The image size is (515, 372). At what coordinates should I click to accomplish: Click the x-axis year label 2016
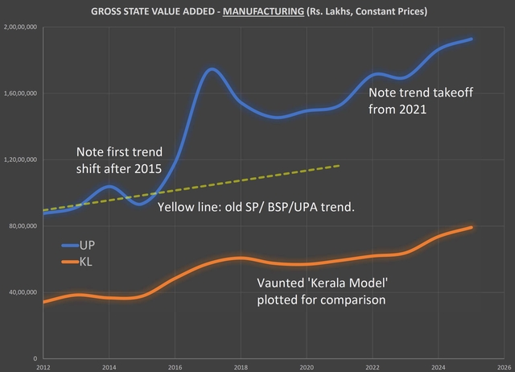click(175, 366)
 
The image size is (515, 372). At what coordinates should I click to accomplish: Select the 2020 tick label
click(307, 366)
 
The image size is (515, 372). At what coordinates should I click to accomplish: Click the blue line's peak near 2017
click(211, 69)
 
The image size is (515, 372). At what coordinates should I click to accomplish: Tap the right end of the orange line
click(472, 227)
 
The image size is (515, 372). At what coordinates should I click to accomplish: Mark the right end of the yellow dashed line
click(340, 165)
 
